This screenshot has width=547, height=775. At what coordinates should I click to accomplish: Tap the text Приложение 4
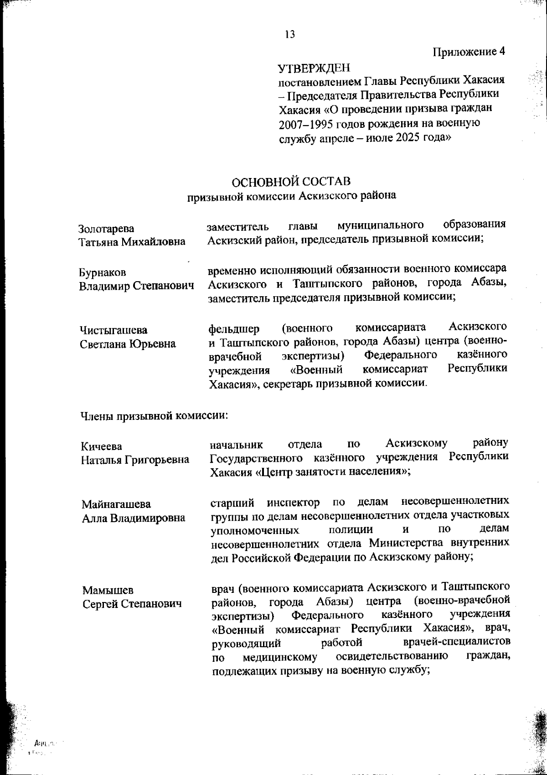click(469, 51)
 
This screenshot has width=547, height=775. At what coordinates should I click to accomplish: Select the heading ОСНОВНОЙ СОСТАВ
click(292, 181)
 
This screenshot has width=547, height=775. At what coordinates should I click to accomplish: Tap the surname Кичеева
click(102, 446)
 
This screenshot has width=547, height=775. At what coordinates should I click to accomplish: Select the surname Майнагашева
click(116, 504)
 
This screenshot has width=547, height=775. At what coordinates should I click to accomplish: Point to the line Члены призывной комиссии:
click(154, 415)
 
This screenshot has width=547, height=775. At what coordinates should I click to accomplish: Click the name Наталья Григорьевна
click(135, 460)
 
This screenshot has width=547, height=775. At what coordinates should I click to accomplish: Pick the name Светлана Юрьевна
click(128, 344)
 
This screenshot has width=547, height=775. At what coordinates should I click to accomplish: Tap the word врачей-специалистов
click(457, 642)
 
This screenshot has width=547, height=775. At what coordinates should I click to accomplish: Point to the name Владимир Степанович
click(136, 286)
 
